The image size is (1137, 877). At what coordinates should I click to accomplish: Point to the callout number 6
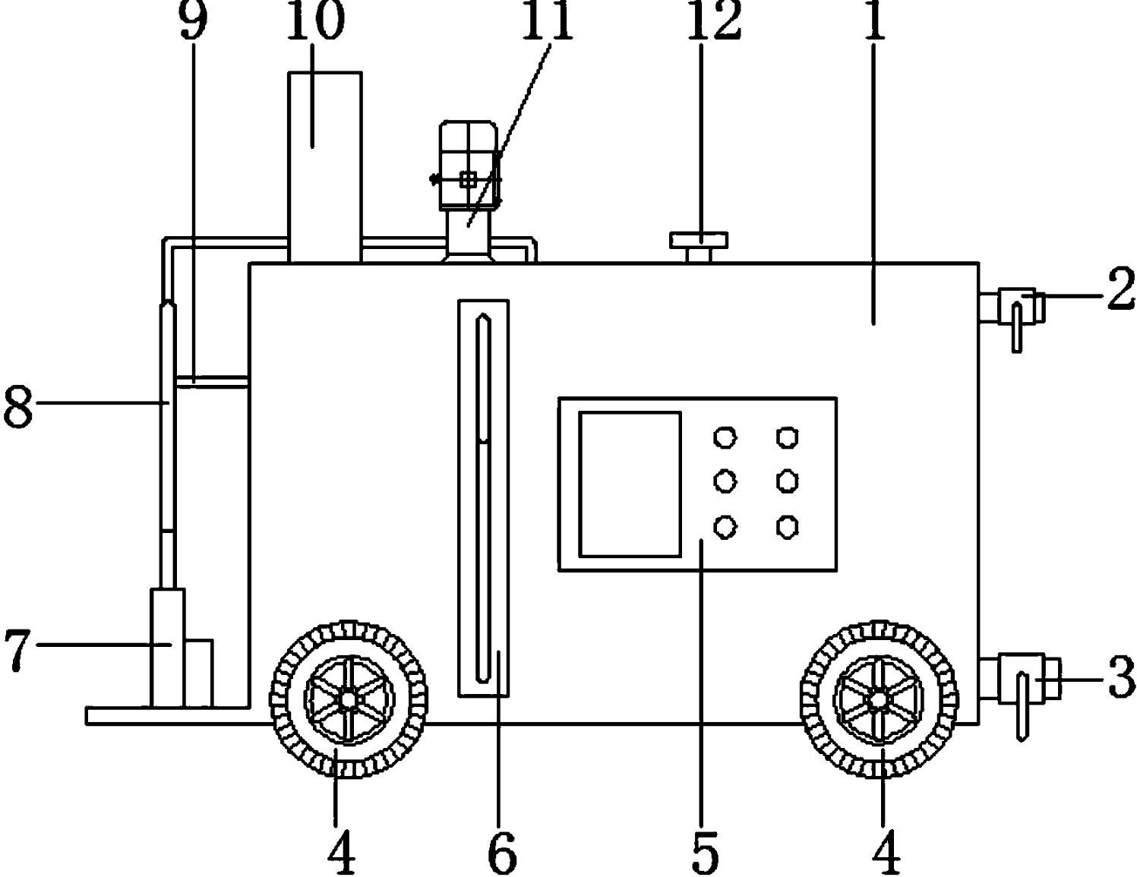[502, 853]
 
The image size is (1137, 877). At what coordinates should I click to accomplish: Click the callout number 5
[705, 853]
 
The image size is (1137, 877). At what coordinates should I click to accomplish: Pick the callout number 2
[1120, 291]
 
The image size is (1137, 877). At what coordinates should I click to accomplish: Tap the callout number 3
[1120, 678]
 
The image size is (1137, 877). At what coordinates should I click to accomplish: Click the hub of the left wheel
[348, 698]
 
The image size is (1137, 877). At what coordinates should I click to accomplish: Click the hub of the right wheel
[878, 698]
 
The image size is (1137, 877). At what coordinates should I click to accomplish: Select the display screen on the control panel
[630, 484]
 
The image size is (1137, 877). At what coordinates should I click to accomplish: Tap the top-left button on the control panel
[725, 438]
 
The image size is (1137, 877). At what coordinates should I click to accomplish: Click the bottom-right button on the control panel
[788, 526]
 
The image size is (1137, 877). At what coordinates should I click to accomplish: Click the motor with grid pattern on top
[469, 165]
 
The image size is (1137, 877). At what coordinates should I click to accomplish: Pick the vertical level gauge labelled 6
[483, 497]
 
